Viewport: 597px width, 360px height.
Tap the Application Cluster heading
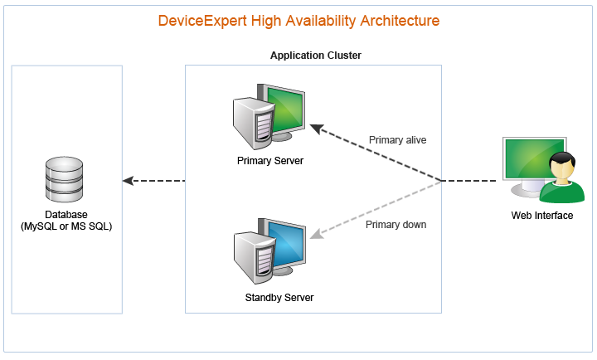315,55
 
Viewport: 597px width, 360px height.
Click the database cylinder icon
65,179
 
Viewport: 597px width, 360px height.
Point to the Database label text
66,215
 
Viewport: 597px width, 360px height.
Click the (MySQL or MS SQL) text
66,226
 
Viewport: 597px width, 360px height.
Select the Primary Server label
270,160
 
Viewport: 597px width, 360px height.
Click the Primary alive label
397,140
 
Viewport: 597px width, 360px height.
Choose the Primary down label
396,224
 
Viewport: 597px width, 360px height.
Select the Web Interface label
542,216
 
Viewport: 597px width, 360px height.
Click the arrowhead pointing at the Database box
128,181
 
